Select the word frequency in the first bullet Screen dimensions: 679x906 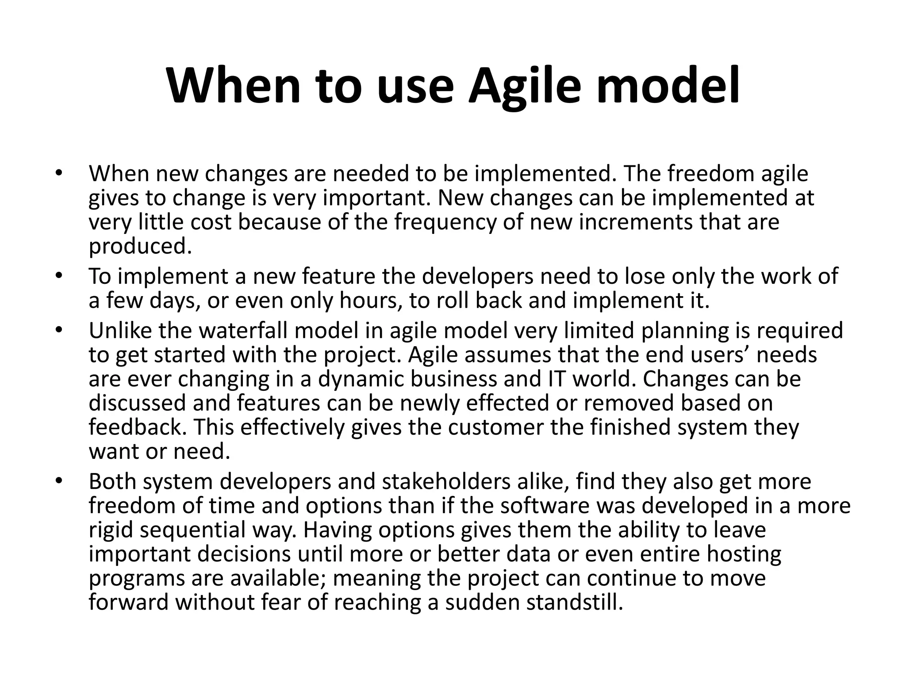[x=445, y=222]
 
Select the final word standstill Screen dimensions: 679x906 [x=574, y=602]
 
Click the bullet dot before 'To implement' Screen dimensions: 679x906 [x=58, y=276]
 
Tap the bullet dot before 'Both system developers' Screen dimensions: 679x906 [x=58, y=481]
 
